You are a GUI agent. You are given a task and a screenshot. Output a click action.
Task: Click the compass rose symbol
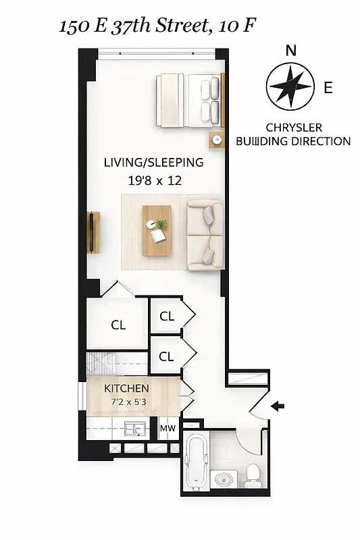[290, 86]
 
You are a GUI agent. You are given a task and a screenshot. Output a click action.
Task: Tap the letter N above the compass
[290, 50]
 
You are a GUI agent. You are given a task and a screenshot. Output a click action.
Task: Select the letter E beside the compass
[328, 87]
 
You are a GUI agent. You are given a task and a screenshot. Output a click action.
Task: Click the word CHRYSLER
[293, 128]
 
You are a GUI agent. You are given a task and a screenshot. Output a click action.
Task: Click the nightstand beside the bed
[217, 140]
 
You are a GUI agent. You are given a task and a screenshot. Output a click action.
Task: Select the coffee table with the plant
[158, 230]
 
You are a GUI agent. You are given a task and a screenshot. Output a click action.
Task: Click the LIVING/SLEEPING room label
[153, 163]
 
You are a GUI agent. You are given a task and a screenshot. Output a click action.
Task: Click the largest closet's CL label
[118, 325]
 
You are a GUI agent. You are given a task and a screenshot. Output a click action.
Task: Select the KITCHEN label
[126, 388]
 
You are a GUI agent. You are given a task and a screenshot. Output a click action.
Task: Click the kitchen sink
[137, 428]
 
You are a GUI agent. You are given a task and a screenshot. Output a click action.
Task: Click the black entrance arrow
[278, 406]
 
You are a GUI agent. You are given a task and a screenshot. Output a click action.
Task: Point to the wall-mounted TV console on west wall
[93, 231]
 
